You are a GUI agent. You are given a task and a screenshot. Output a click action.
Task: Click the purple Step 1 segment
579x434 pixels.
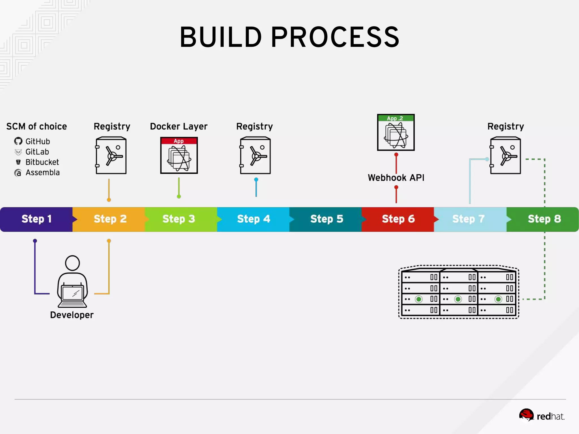click(x=36, y=219)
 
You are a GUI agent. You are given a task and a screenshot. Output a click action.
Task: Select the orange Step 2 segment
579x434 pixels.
click(x=110, y=219)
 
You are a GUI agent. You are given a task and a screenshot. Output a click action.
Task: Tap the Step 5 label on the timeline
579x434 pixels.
click(x=327, y=219)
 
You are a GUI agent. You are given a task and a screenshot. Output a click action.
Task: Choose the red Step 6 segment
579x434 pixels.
click(x=398, y=219)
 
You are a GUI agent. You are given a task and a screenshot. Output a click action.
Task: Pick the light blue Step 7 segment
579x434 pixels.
click(x=469, y=219)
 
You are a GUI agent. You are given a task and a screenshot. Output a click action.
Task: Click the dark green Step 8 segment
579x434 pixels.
click(x=544, y=219)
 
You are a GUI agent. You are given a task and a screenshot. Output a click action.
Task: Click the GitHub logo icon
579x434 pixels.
click(x=18, y=141)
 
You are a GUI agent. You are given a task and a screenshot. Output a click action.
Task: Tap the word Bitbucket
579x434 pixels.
click(x=42, y=162)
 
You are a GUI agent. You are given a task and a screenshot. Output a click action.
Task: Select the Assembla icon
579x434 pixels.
click(x=18, y=173)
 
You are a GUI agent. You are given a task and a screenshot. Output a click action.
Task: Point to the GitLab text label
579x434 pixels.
click(x=37, y=152)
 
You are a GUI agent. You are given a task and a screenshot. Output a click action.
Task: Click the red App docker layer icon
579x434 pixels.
click(x=179, y=155)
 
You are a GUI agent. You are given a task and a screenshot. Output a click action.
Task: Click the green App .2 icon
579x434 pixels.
click(x=396, y=132)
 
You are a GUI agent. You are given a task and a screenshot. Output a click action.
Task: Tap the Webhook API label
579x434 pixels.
click(x=396, y=178)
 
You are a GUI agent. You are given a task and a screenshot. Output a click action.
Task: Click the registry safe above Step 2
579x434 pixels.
click(x=111, y=155)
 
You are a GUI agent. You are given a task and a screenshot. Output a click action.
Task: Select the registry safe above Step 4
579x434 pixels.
click(x=255, y=155)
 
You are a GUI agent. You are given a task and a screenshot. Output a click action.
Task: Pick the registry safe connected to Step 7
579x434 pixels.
click(x=505, y=155)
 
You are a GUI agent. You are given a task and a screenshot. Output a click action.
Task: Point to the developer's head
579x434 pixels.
click(x=72, y=263)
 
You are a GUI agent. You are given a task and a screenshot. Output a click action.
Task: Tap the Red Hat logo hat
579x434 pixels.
click(x=526, y=415)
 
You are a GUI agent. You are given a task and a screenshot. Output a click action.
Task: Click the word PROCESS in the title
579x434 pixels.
click(x=335, y=37)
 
